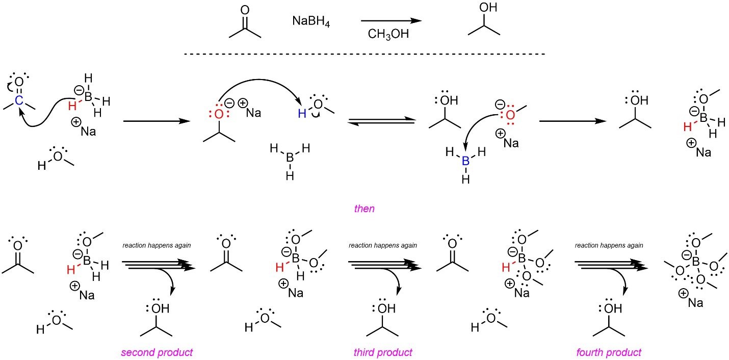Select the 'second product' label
click(157, 352)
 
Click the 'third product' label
click(383, 352)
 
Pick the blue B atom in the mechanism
click(464, 161)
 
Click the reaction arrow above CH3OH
click(391, 21)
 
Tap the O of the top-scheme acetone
click(245, 10)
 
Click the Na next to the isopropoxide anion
click(253, 112)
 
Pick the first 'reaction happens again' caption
click(157, 245)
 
